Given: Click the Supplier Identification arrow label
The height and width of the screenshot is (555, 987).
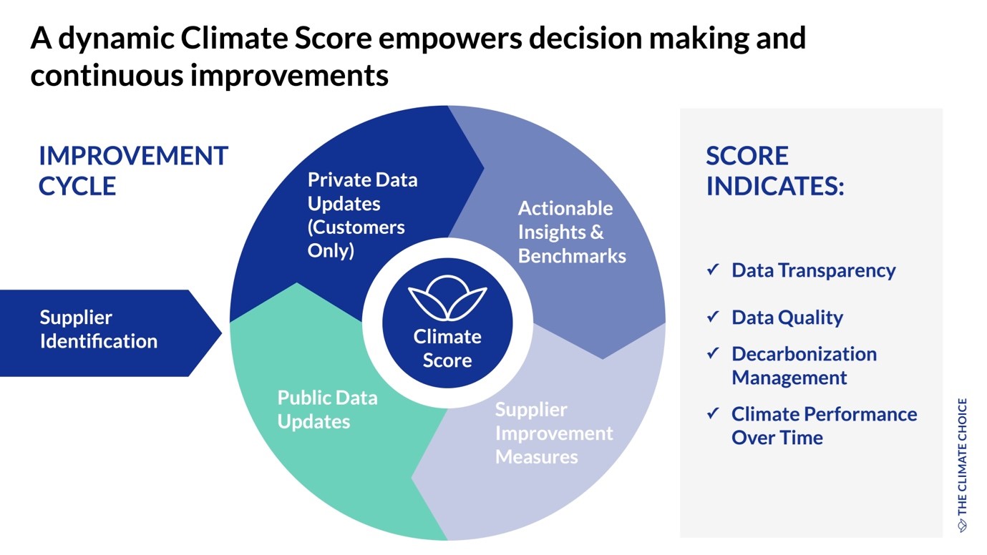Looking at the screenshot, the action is click(98, 329).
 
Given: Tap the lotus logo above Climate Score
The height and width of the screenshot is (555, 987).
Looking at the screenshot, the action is click(447, 298).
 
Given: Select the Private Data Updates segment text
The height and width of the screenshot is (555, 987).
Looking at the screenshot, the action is click(362, 215).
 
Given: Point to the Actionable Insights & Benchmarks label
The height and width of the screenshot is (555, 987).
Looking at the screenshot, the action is click(571, 232).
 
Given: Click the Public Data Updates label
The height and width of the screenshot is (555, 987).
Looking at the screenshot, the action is click(327, 410).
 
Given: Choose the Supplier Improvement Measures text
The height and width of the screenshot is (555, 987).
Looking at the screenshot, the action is click(554, 433).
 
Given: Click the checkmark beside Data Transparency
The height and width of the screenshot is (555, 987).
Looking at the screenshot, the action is click(713, 270).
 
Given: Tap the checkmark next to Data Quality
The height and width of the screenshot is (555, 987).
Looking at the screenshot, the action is click(713, 316).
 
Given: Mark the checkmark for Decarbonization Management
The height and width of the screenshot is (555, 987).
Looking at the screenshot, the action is click(713, 353).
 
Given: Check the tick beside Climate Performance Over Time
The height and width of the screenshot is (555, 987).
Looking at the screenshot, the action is click(713, 413).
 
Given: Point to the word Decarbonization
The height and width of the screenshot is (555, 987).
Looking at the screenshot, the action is click(804, 354).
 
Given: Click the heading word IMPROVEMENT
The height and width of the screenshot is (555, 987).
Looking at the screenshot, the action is click(134, 156).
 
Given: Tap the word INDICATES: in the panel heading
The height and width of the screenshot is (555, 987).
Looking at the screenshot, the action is click(775, 186).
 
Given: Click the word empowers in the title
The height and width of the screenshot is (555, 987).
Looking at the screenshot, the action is click(450, 39).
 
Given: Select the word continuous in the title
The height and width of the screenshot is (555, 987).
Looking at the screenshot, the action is click(106, 75).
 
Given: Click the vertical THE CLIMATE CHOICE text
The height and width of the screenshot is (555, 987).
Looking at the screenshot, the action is click(963, 465).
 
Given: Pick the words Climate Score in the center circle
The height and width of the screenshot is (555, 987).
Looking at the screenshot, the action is click(447, 348).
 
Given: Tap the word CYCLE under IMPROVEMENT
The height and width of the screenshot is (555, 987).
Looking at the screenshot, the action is click(77, 186).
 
